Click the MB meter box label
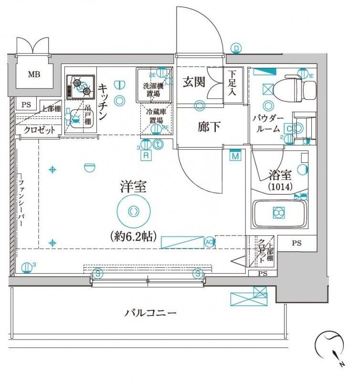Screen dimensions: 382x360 pos(33,74)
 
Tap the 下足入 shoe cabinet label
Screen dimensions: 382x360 pos(232,83)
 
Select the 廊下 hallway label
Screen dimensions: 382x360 pos(209,127)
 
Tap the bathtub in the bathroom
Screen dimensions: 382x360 pos(279,213)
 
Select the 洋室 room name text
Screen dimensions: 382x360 pos(133,187)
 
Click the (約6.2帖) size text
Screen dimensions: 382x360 pos(133,235)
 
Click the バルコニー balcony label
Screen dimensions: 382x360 pos(151,313)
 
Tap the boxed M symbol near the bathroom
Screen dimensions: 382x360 pos(235,156)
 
